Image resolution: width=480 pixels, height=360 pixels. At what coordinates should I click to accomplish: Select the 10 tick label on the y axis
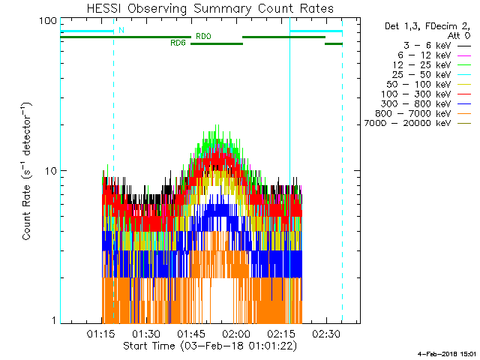click(x=51, y=170)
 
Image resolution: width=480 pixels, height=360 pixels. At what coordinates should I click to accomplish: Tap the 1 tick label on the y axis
click(x=54, y=320)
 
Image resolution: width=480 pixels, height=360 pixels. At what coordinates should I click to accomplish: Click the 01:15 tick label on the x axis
click(x=100, y=333)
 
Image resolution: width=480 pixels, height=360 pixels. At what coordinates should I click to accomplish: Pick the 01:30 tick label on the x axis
click(x=145, y=333)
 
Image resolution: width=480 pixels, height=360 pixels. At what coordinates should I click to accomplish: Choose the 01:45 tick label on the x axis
click(x=190, y=333)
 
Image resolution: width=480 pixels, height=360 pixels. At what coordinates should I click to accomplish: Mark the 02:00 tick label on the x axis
click(x=235, y=333)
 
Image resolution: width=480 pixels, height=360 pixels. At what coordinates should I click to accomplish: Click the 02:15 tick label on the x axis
click(x=280, y=333)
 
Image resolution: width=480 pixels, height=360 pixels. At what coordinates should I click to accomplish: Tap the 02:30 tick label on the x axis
click(x=325, y=333)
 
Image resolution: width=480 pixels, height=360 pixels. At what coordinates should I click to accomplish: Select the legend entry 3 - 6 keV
click(x=424, y=45)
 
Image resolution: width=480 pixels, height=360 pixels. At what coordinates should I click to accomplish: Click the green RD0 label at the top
click(x=203, y=36)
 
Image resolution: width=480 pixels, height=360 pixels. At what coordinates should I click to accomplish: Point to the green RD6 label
click(x=178, y=43)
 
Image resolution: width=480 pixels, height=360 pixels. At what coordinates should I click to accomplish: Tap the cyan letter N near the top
click(x=121, y=30)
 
